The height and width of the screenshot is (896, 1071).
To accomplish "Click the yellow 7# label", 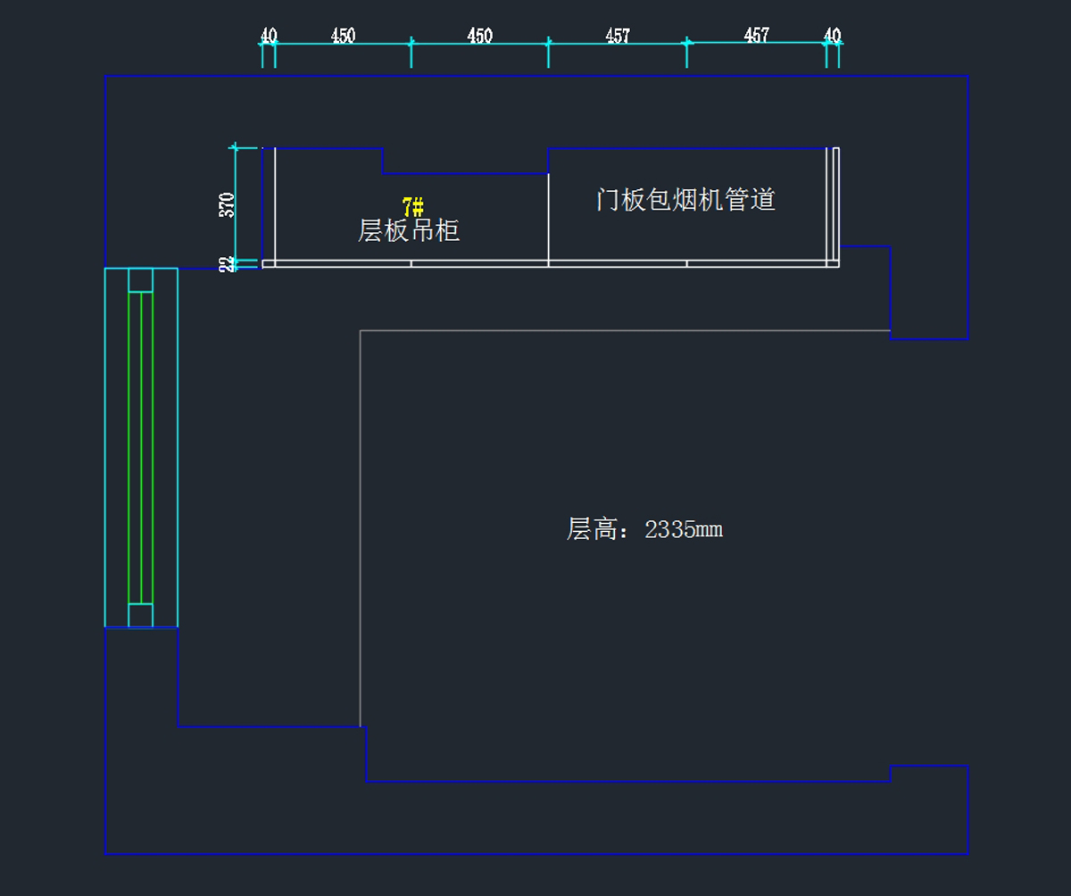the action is click(x=413, y=207).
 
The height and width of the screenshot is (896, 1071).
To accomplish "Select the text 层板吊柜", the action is click(x=409, y=231).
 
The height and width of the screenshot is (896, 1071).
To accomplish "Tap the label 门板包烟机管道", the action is click(x=685, y=200).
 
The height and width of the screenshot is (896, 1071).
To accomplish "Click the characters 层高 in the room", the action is click(x=592, y=529).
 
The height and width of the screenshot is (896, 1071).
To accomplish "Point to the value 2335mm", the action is click(x=684, y=530).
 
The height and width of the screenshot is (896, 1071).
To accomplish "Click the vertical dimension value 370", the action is click(x=226, y=205).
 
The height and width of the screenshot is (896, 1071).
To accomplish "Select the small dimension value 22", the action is click(x=226, y=264).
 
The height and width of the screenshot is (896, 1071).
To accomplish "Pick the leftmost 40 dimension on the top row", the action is click(x=269, y=36).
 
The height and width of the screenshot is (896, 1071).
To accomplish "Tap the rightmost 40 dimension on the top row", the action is click(x=832, y=36).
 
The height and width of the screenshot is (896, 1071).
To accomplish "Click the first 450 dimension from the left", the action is click(x=343, y=36).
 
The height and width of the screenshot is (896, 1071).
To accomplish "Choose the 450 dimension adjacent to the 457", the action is click(x=479, y=36).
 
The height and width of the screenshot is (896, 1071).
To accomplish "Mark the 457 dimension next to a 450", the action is click(x=618, y=36).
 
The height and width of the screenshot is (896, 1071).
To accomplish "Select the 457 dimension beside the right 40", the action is click(x=757, y=36).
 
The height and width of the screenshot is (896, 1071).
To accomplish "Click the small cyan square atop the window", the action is click(x=140, y=280).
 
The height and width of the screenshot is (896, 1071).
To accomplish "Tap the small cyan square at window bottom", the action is click(x=140, y=615).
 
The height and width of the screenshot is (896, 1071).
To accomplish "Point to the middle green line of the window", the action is click(x=141, y=448).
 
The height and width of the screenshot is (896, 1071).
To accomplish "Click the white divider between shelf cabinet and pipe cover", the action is click(x=548, y=217).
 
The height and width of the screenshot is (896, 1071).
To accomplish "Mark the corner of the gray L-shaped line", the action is click(x=360, y=331).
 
